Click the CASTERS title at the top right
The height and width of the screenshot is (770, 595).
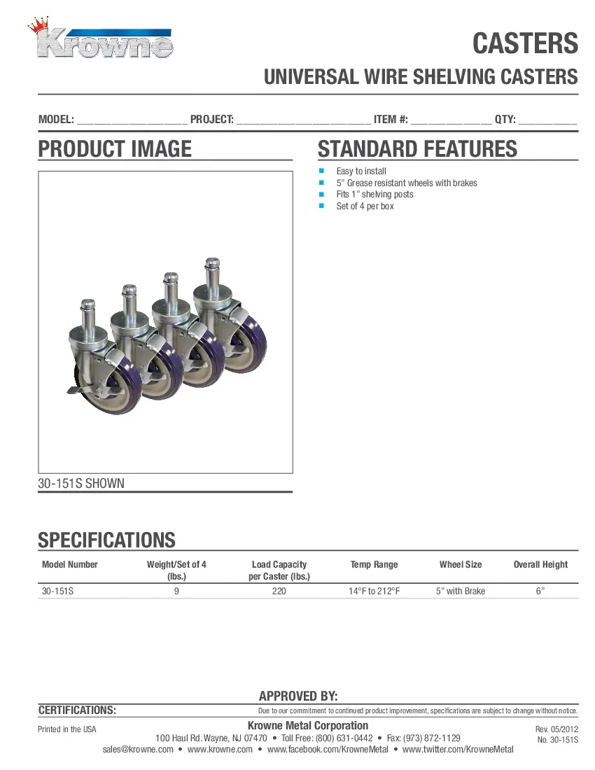pyautogui.click(x=525, y=43)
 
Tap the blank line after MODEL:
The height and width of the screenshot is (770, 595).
pyautogui.click(x=132, y=120)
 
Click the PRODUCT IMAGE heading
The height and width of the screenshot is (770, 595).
pyautogui.click(x=114, y=149)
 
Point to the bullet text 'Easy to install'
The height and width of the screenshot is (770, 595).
pyautogui.click(x=361, y=171)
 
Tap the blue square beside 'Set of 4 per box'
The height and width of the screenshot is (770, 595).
pyautogui.click(x=322, y=206)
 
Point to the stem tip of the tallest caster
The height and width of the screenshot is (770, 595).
pyautogui.click(x=211, y=263)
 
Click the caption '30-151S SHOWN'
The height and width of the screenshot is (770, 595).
pyautogui.click(x=81, y=483)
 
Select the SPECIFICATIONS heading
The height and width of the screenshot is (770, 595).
pyautogui.click(x=106, y=540)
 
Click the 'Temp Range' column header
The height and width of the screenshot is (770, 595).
pyautogui.click(x=374, y=565)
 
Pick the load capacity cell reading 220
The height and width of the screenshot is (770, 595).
pyautogui.click(x=279, y=591)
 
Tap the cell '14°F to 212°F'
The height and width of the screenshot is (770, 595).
pyautogui.click(x=374, y=591)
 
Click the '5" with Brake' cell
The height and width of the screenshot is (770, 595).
pyautogui.click(x=460, y=591)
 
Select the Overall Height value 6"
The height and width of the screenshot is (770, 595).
pyautogui.click(x=540, y=591)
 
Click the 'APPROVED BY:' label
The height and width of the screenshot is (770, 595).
pyautogui.click(x=298, y=696)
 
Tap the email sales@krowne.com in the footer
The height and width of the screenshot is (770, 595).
pyautogui.click(x=138, y=750)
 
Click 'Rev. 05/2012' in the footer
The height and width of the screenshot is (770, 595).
pyautogui.click(x=556, y=729)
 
